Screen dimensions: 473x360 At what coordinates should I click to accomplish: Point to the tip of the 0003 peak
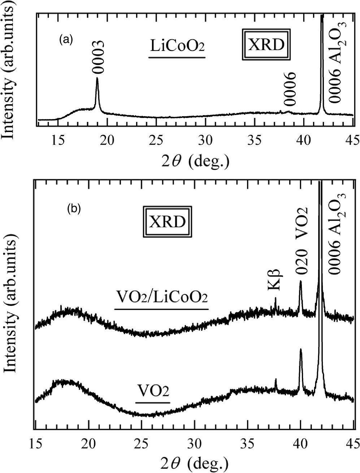point(97,78)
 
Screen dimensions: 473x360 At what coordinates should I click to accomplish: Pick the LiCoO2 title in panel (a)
point(177,47)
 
